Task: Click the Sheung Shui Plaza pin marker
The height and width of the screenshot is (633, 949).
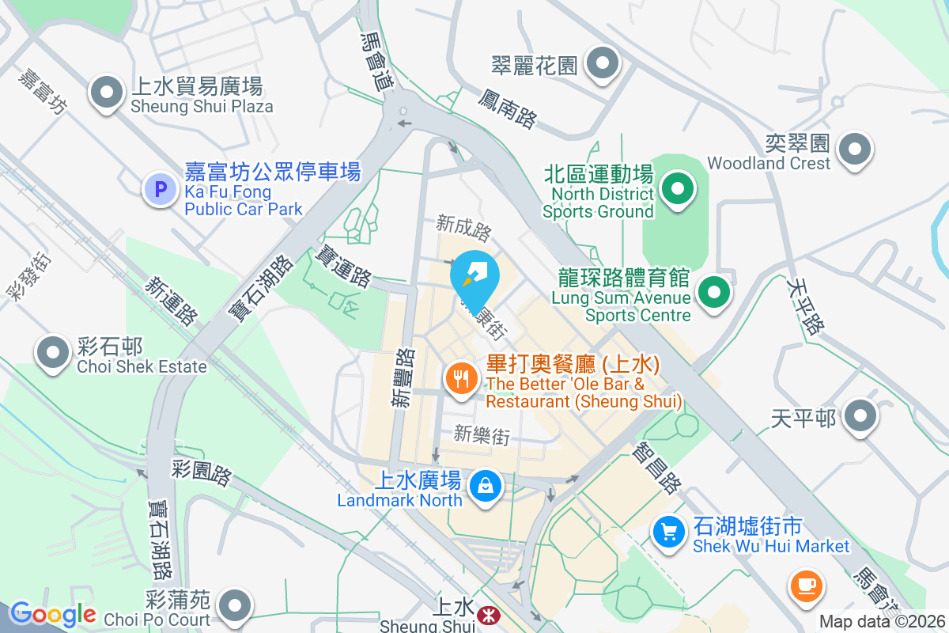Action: point(105,93)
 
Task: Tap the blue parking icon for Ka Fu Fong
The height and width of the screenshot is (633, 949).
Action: point(161,189)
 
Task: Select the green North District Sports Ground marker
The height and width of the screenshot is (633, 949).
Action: point(677,189)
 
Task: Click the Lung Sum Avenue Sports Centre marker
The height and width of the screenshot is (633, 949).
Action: point(714,294)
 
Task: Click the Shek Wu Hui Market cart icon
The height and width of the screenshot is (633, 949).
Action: point(670,531)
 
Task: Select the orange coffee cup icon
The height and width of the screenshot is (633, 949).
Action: point(806,586)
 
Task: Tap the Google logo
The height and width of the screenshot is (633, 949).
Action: point(53,614)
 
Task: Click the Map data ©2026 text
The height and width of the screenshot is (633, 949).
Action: point(882,622)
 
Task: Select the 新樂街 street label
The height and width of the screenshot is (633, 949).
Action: point(481,434)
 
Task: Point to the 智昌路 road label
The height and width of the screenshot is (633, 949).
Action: point(656,467)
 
